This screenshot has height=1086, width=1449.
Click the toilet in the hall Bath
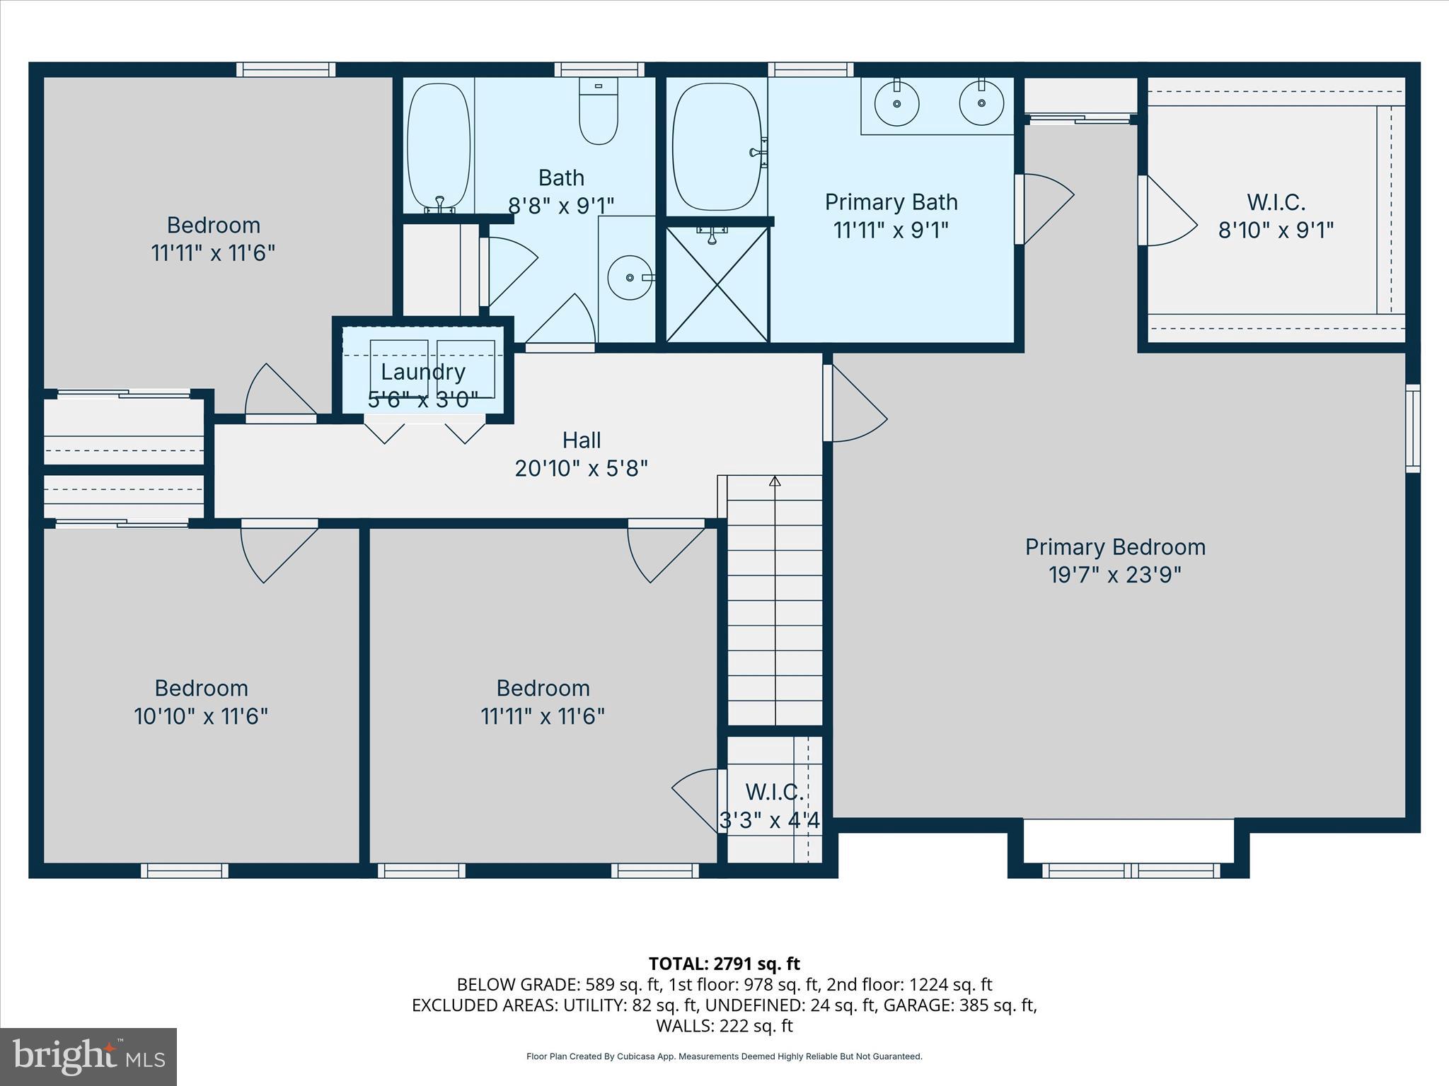[x=598, y=113]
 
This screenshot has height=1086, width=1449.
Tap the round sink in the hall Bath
[x=630, y=277]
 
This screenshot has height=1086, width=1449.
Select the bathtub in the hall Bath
[x=439, y=146]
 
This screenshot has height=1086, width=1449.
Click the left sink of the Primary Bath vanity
[x=896, y=103]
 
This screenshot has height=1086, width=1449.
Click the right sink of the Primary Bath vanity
[x=981, y=103]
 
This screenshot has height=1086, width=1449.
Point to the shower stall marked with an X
[x=717, y=284]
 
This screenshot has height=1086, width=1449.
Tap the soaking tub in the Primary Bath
[x=716, y=147]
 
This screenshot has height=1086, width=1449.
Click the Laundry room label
[x=423, y=372]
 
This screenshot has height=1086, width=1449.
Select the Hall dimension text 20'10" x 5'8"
[x=581, y=468]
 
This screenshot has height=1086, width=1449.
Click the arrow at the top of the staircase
[x=775, y=481]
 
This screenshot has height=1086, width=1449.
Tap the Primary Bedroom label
[x=1115, y=547]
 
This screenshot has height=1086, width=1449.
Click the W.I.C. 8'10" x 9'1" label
[x=1276, y=216]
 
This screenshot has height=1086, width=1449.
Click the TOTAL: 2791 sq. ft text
[x=724, y=964]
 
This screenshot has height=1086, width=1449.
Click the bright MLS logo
[x=88, y=1056]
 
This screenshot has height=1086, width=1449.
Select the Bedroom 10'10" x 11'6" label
[x=201, y=702]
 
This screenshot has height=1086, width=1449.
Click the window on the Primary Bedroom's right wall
[x=1412, y=428]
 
